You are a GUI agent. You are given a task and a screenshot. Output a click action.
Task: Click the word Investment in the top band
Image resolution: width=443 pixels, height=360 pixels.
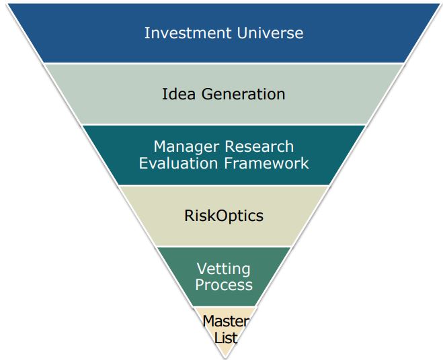click(x=188, y=33)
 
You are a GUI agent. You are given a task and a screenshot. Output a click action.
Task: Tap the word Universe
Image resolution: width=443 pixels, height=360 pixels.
click(x=270, y=33)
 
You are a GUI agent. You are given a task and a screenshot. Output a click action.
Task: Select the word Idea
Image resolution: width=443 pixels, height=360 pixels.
click(x=179, y=94)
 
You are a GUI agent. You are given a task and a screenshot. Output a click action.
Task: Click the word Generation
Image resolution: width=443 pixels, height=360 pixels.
click(x=243, y=94)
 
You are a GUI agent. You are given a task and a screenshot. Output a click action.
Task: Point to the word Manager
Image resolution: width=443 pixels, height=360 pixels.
click(x=186, y=147)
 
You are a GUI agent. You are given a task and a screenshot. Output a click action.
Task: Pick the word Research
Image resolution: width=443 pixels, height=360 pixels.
click(x=259, y=146)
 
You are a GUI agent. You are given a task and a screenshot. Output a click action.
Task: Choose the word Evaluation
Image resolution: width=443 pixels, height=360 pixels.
click(x=178, y=163)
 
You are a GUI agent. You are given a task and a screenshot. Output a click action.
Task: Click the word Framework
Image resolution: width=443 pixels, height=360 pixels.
click(x=266, y=163)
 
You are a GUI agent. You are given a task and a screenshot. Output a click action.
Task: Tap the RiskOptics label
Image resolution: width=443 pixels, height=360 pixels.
click(x=224, y=216)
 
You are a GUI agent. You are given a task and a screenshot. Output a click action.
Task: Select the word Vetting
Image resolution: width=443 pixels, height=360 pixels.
click(x=223, y=269)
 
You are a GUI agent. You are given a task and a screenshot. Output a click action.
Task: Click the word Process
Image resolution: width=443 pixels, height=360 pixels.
click(x=224, y=285)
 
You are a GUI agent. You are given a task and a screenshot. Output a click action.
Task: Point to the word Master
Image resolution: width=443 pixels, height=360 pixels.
click(x=226, y=321)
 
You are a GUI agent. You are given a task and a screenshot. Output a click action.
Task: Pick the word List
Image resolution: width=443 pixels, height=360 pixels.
click(x=226, y=338)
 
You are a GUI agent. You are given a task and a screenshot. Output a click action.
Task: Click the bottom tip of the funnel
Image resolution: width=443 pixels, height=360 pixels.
click(x=225, y=358)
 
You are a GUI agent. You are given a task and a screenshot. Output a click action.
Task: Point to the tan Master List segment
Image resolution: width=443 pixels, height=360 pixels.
click(x=225, y=330)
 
